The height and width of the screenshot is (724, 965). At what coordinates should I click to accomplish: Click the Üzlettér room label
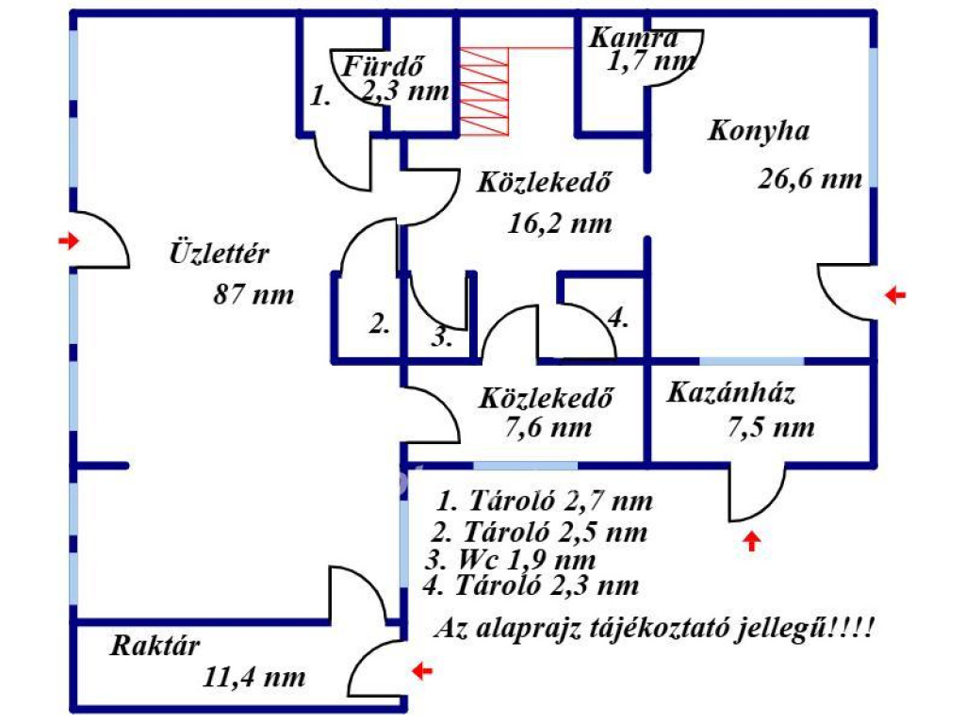[219, 253]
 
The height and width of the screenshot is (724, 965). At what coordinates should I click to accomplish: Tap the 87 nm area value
[254, 294]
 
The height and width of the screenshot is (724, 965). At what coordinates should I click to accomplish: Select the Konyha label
[759, 130]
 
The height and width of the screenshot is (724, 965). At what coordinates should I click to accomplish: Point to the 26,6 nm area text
[810, 178]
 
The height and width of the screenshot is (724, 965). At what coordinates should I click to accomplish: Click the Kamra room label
[634, 37]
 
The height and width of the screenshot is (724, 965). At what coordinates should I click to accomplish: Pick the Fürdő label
[383, 66]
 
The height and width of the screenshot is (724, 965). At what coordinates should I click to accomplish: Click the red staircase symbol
[484, 91]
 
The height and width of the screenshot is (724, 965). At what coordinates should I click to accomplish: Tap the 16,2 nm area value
[560, 222]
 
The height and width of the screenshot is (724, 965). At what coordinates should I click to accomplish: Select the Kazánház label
[730, 392]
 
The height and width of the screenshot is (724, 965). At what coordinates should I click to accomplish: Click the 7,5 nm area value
[771, 427]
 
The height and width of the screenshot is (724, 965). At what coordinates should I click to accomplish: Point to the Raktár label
[155, 645]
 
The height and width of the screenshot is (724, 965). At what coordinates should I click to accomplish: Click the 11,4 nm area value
[254, 677]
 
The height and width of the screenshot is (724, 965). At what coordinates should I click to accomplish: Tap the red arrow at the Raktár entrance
[422, 670]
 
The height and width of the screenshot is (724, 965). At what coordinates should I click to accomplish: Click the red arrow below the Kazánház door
[751, 541]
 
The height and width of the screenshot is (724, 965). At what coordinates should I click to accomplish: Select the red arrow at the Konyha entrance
[895, 295]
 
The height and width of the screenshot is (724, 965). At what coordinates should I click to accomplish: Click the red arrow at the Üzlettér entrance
[69, 240]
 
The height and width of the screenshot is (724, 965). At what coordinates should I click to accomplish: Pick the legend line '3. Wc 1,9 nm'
[511, 560]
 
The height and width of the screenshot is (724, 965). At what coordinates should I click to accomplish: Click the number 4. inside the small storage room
[618, 319]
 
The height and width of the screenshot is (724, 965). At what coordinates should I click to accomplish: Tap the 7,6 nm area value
[548, 427]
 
